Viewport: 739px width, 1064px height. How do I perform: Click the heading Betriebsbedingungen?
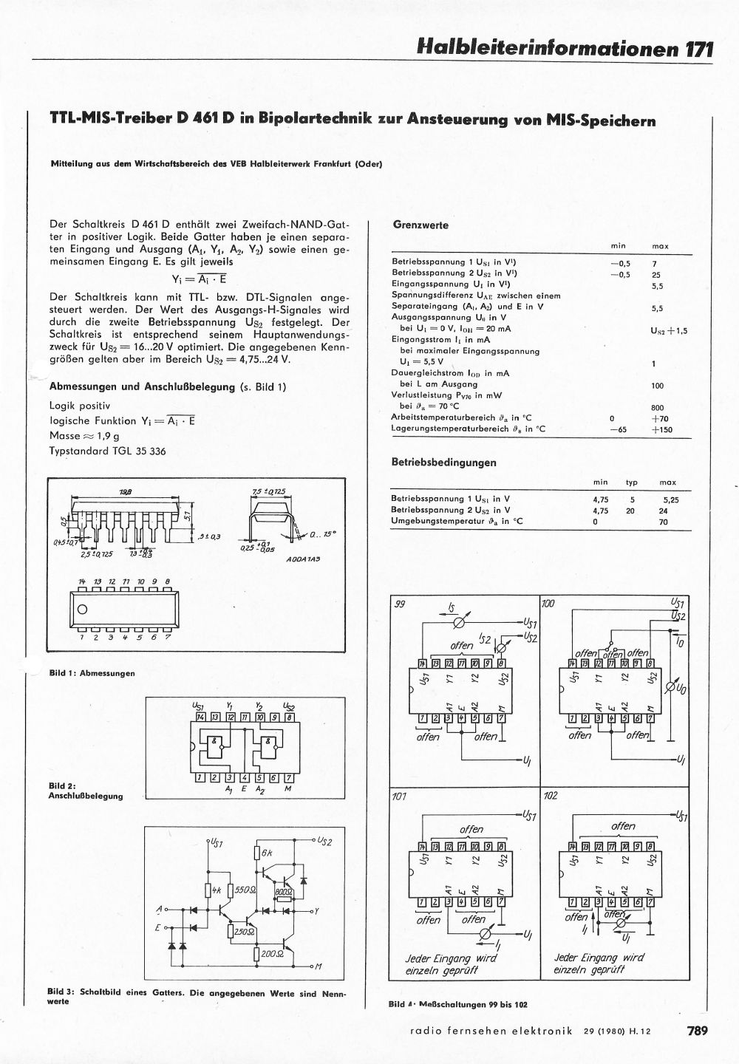443,463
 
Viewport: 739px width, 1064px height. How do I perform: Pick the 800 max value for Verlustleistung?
657,407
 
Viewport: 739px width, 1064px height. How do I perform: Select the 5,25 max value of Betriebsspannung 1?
670,499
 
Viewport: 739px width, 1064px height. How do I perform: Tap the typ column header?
631,482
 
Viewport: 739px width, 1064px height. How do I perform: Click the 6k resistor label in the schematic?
268,852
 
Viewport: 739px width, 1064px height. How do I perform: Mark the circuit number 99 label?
401,604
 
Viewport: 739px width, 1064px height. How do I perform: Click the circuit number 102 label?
551,798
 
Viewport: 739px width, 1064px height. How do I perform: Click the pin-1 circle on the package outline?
82,610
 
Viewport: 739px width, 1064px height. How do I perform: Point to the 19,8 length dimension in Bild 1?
126,491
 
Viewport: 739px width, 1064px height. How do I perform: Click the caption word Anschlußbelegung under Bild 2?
86,796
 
